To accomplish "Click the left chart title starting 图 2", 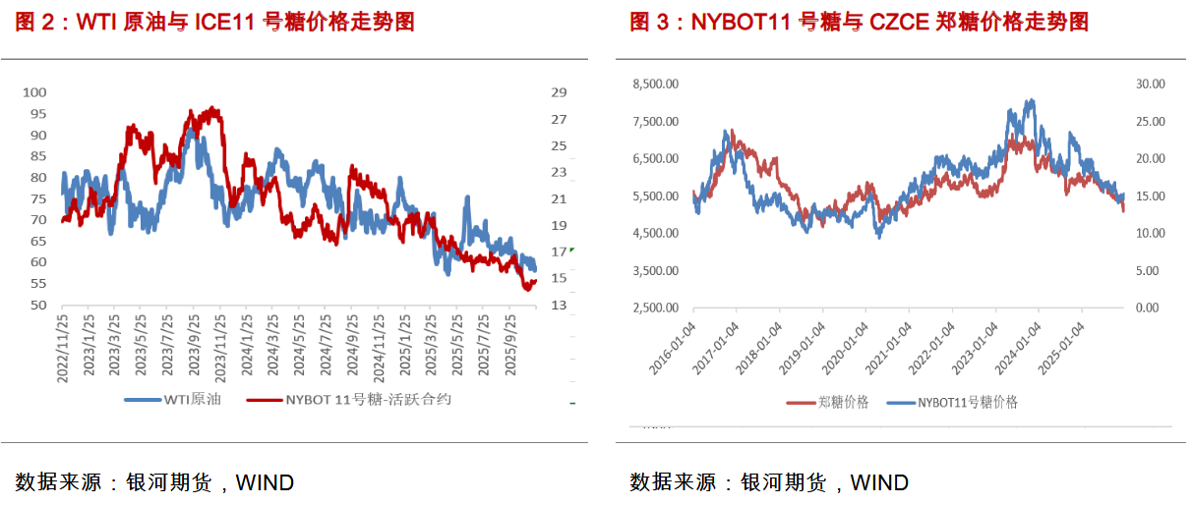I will point(214,22).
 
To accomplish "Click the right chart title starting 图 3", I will point(859,22).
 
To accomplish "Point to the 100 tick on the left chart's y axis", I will point(35,91).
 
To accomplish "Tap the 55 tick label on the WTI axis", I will point(38,283).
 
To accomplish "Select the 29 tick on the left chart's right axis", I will point(559,92).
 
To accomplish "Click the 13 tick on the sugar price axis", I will point(559,306).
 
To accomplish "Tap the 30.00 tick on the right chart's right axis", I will point(1150,84).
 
